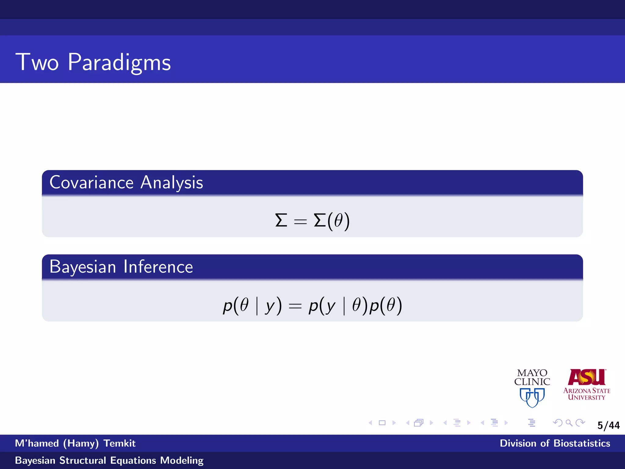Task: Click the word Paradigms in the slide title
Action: pos(119,62)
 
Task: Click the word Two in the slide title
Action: pos(37,62)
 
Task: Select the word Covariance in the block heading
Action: pos(92,183)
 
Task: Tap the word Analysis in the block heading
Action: pos(172,183)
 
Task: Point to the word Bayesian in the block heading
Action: pos(83,267)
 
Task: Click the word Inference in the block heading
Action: pos(158,267)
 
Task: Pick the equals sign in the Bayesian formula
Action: pos(295,306)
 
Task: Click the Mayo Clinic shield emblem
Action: pos(532,397)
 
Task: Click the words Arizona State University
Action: pos(587,394)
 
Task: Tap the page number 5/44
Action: pos(609,425)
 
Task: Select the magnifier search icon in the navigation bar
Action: pos(569,423)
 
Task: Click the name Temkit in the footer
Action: pos(119,443)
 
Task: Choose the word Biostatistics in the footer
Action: pos(582,443)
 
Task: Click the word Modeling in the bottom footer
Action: pos(182,460)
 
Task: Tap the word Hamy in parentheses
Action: pos(81,443)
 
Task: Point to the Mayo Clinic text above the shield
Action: pos(532,377)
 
